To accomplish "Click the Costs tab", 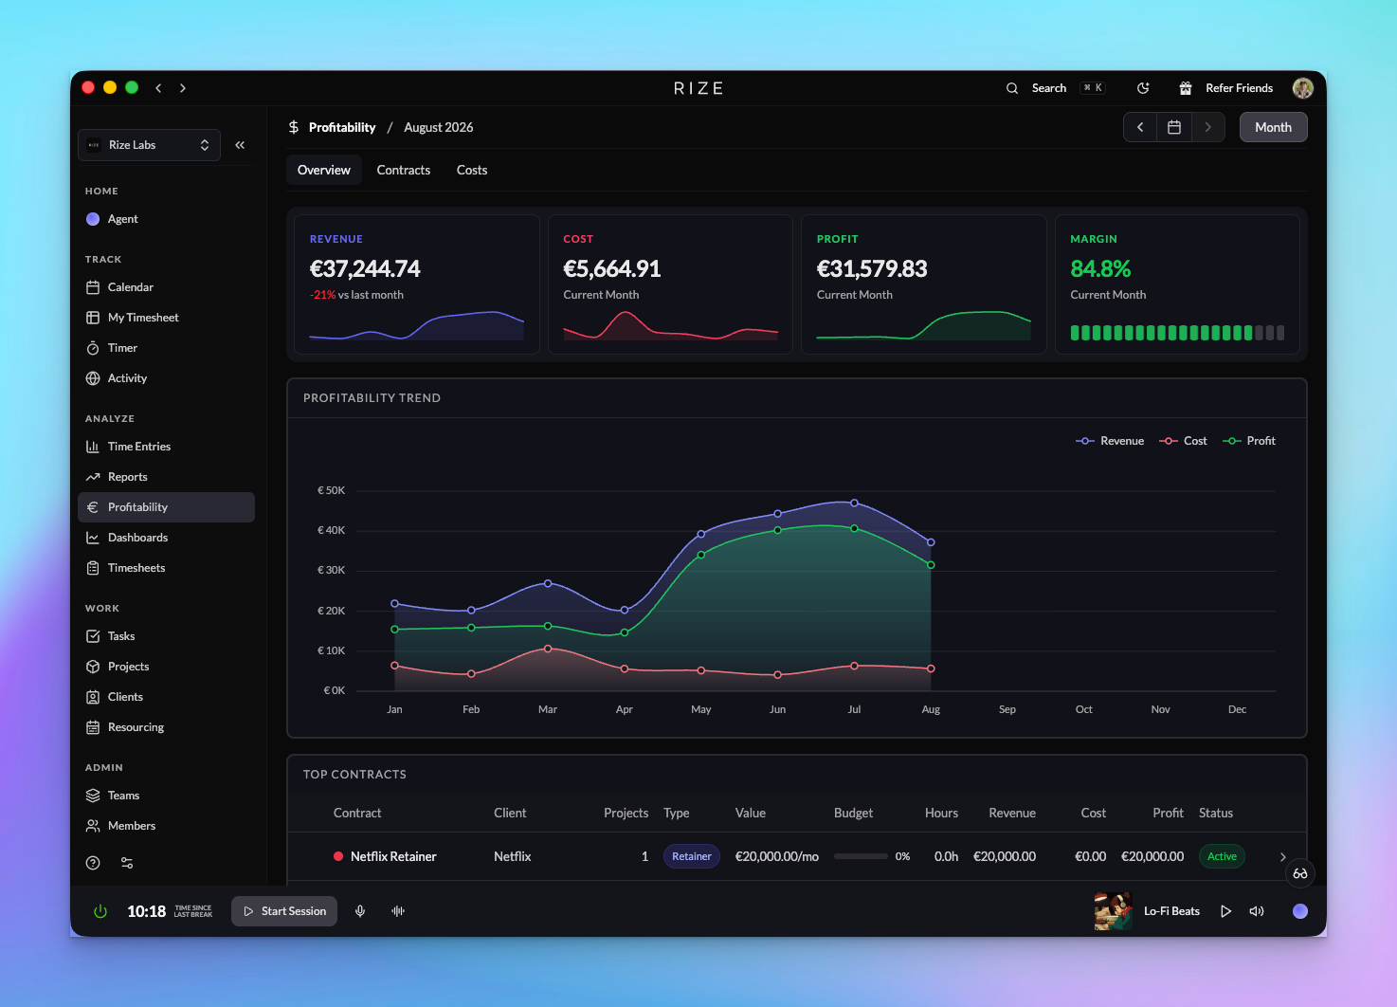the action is [471, 170].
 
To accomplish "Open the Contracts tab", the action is [403, 170].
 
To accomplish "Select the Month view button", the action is [1273, 127].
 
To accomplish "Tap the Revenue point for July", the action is [854, 503].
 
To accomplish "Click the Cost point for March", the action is [548, 649].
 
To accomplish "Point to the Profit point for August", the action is [931, 565].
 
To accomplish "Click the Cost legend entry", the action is [1183, 441].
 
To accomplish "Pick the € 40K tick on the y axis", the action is [331, 530].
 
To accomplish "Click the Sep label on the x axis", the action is [1007, 709].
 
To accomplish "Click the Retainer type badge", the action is [691, 856].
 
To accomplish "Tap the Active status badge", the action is [1221, 856].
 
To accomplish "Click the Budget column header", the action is [853, 813].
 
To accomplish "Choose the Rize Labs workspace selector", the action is [149, 145].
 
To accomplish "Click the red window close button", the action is [88, 87].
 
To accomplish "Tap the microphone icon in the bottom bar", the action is [360, 911].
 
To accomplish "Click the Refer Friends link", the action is [1239, 88].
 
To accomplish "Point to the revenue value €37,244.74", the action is [365, 269].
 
